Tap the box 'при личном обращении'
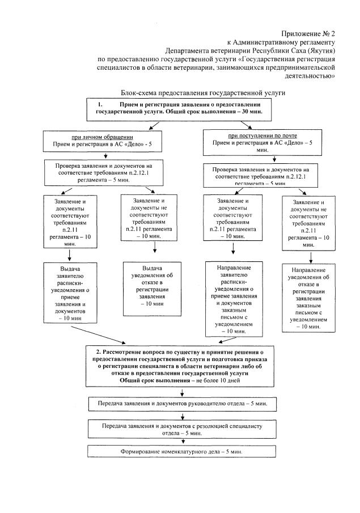point(102,141)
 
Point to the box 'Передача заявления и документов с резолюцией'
point(181,428)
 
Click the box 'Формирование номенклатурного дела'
point(181,452)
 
